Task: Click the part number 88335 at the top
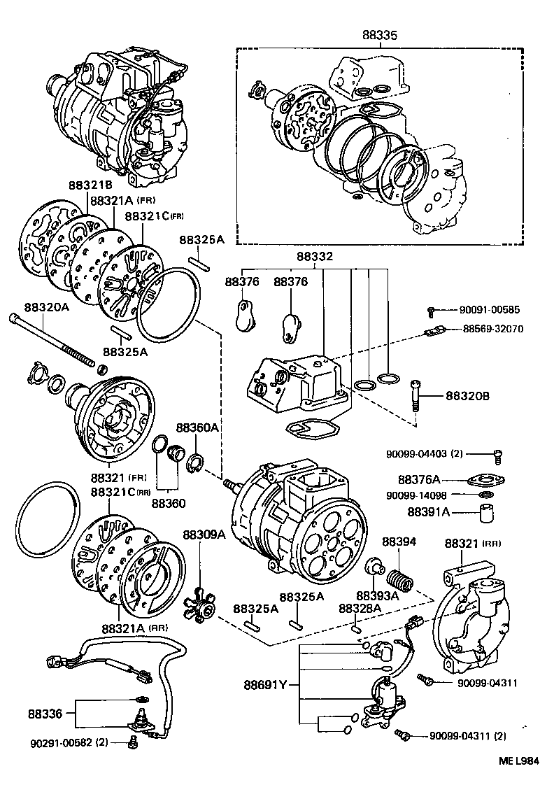pyautogui.click(x=381, y=34)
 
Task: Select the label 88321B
pyautogui.click(x=90, y=185)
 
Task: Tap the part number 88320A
pyautogui.click(x=46, y=307)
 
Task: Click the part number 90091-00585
pyautogui.click(x=490, y=309)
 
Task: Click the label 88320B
pyautogui.click(x=468, y=396)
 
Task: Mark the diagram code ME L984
pyautogui.click(x=519, y=761)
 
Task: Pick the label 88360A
pyautogui.click(x=197, y=427)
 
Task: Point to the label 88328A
pyautogui.click(x=360, y=609)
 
